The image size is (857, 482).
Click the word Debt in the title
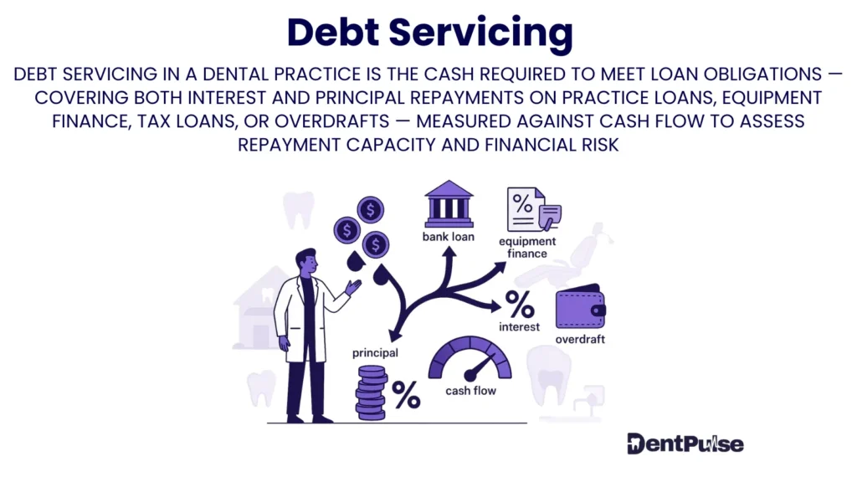pyautogui.click(x=335, y=32)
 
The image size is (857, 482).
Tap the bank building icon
pyautogui.click(x=448, y=203)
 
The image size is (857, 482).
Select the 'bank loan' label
pyautogui.click(x=448, y=237)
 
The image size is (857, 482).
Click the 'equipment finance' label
pyautogui.click(x=527, y=248)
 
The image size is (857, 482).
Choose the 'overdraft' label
pyautogui.click(x=579, y=340)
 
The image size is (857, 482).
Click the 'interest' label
pyautogui.click(x=519, y=326)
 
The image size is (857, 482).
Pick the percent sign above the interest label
pyautogui.click(x=519, y=302)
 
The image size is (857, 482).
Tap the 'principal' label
pyautogui.click(x=375, y=352)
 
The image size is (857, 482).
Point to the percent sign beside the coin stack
pyautogui.click(x=406, y=395)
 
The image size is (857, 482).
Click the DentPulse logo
pyautogui.click(x=685, y=444)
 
